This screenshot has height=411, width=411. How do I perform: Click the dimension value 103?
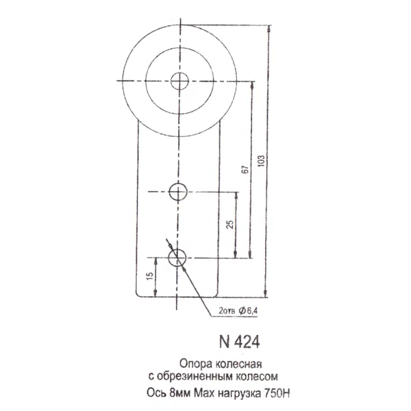(262, 161)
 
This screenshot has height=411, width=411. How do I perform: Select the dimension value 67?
(245, 170)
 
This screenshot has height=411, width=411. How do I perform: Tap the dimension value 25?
(230, 225)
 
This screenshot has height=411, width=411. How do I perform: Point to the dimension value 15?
(150, 276)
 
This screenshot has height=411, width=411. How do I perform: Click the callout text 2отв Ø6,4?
(238, 311)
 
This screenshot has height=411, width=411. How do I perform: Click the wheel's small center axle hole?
(179, 81)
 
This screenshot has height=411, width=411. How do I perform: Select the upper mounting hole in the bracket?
(178, 192)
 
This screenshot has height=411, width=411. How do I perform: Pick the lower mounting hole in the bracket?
(177, 258)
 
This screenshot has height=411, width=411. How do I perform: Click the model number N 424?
(239, 342)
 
